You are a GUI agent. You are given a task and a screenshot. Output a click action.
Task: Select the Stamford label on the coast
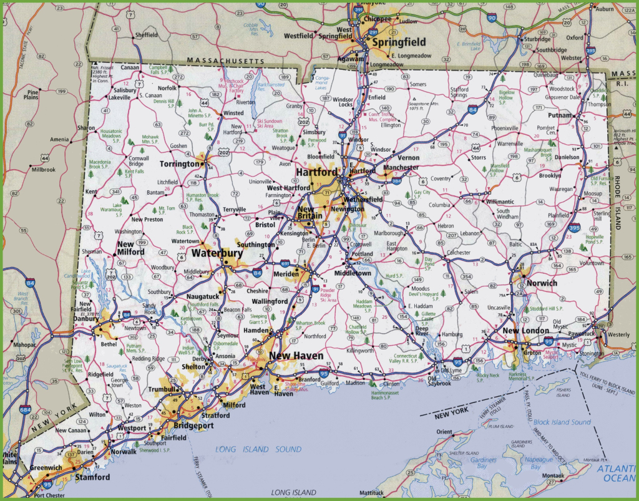tap(92, 477)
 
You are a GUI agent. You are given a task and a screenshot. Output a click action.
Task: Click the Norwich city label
tap(541, 283)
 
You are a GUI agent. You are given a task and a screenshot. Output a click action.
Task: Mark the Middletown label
tap(353, 273)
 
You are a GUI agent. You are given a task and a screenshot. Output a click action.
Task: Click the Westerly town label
tap(618, 334)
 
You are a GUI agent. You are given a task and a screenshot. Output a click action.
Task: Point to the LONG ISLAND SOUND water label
tap(258, 449)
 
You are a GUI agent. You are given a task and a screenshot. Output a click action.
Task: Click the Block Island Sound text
tap(562, 422)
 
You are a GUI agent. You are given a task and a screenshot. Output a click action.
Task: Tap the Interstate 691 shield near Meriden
tap(285, 263)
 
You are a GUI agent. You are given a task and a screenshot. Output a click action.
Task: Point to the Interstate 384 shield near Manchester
tap(379, 180)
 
